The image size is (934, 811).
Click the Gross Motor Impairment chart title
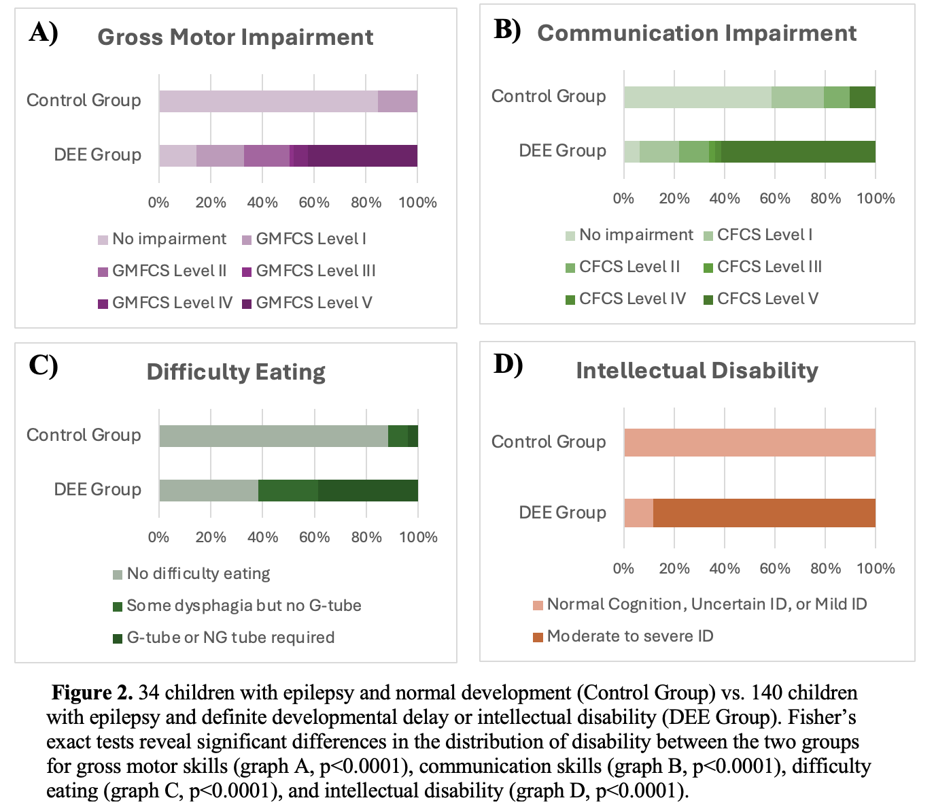[235, 37]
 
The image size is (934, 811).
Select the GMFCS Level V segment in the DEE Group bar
[362, 156]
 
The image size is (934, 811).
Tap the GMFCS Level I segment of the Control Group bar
[397, 101]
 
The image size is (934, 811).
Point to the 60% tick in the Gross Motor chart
[314, 203]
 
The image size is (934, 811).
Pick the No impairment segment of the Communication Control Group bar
[697, 97]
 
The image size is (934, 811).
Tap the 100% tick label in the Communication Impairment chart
[876, 199]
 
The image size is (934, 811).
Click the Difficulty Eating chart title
[236, 372]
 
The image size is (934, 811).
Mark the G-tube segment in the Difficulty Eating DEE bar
[368, 491]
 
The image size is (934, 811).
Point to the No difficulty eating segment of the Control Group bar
[273, 436]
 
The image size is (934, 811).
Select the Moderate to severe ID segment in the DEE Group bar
[764, 513]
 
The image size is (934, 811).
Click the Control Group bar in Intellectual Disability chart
[750, 442]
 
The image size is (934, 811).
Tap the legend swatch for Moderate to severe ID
[538, 637]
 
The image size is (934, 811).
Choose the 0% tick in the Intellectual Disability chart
[623, 569]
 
